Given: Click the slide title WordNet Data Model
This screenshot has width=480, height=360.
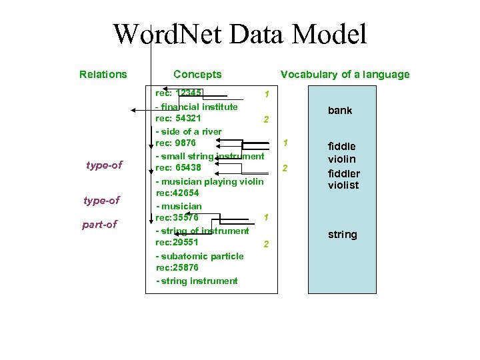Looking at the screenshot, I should coord(240,35).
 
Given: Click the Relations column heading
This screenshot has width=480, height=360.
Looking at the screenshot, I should coord(103,75).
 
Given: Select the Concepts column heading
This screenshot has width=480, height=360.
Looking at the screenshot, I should coord(197,75).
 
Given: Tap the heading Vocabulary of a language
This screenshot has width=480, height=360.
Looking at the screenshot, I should coord(345,75).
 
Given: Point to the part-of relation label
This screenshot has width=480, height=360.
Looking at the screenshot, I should coord(99,225).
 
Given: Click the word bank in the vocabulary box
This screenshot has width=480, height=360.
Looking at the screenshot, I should coord(340,111).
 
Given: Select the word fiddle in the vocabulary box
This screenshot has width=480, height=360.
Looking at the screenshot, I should coord(342,146).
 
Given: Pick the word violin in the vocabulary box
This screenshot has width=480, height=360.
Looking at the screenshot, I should coord(342,159).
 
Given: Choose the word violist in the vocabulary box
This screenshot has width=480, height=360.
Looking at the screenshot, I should coord(343,185).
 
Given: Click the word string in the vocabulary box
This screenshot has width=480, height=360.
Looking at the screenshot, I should coord(342,235).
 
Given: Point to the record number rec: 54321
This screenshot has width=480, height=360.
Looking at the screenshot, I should coord(179,119).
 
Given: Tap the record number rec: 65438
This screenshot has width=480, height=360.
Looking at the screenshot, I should coord(179,167).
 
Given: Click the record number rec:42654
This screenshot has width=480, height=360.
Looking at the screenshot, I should coord(177,193).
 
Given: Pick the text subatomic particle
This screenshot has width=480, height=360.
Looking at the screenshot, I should coord(199,256).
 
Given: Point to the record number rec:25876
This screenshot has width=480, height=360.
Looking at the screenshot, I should coord(177,268).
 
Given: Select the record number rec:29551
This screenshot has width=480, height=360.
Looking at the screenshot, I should coord(177,243).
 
